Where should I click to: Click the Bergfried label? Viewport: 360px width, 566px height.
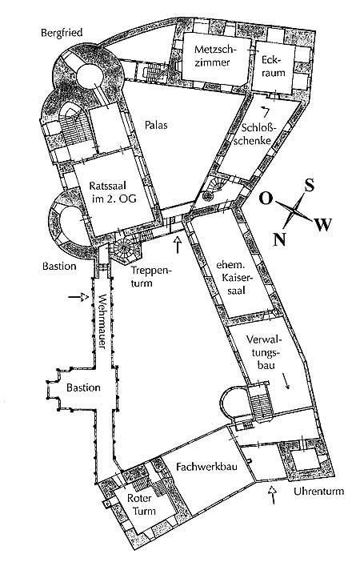pyautogui.click(x=62, y=33)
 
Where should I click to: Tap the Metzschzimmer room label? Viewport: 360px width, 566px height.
pyautogui.click(x=213, y=55)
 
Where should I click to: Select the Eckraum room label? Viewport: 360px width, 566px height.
pyautogui.click(x=274, y=66)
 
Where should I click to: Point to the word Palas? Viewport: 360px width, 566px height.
pyautogui.click(x=156, y=125)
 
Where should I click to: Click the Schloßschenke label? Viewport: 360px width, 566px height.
pyautogui.click(x=256, y=134)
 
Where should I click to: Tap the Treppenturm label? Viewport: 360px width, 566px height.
pyautogui.click(x=147, y=276)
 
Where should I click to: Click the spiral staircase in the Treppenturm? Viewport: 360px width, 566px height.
pyautogui.click(x=123, y=248)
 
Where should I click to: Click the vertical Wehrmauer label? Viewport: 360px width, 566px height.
pyautogui.click(x=102, y=322)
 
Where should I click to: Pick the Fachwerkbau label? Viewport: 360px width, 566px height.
pyautogui.click(x=206, y=467)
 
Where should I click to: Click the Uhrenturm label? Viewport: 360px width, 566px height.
pyautogui.click(x=319, y=492)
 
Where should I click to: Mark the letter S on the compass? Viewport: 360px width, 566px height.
pyautogui.click(x=310, y=185)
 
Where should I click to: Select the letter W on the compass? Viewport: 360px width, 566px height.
pyautogui.click(x=323, y=225)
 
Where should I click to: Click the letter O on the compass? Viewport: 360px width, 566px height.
pyautogui.click(x=266, y=199)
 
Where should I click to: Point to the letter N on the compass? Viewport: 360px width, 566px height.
pyautogui.click(x=279, y=239)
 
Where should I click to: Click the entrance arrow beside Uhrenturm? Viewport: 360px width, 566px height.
pyautogui.click(x=273, y=495)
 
